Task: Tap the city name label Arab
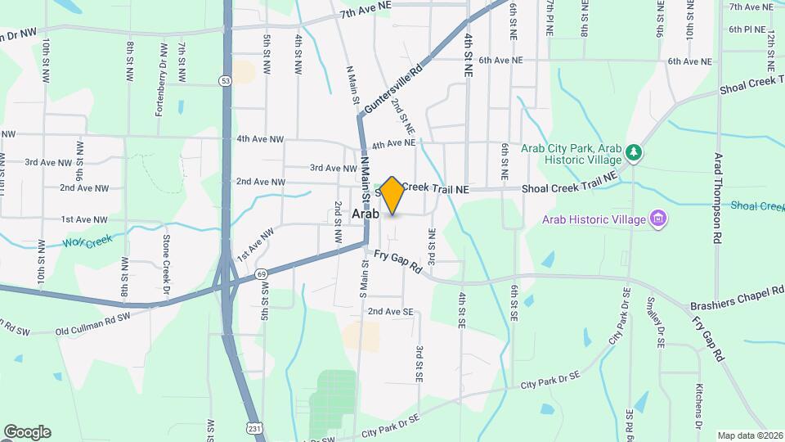[x=366, y=214]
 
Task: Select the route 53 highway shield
[x=225, y=80]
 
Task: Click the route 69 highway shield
[x=261, y=273]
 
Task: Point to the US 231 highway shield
[x=255, y=426]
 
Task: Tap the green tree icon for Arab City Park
[x=633, y=153]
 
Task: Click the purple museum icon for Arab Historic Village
[x=658, y=219]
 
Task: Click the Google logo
[x=26, y=432]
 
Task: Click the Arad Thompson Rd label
[x=718, y=197]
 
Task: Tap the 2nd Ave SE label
[x=390, y=312]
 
